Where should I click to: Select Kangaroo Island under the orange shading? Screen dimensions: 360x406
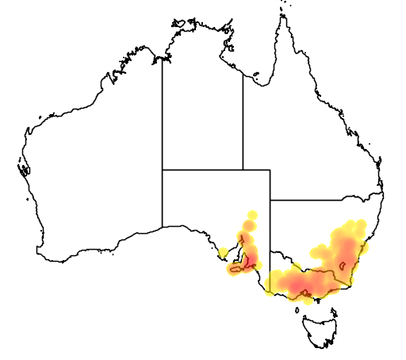tap(237, 270)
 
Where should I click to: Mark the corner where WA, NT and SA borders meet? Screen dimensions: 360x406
tap(163, 169)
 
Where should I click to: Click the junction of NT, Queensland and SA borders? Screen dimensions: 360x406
tap(243, 169)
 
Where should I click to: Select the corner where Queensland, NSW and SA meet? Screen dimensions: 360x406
tap(270, 201)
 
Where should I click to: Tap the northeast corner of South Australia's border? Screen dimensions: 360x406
tap(270, 169)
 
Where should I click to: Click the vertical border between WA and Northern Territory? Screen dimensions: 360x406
tap(163, 111)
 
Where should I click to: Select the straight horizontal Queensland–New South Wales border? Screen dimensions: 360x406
tap(317, 201)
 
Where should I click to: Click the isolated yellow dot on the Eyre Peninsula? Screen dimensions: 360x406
tap(224, 253)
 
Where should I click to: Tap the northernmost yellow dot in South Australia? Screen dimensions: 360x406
tap(253, 214)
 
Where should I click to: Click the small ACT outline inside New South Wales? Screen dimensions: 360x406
tap(343, 264)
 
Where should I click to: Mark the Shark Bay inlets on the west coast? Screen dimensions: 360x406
tap(22, 169)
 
